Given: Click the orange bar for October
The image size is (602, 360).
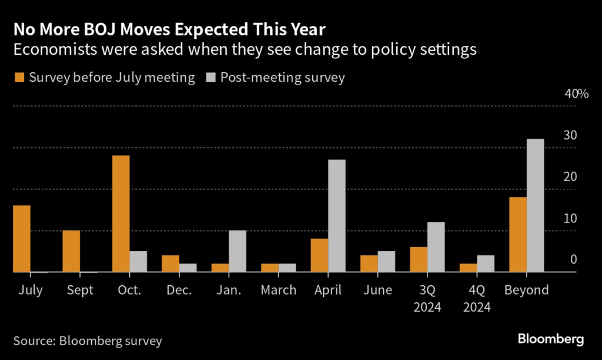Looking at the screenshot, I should click(121, 214).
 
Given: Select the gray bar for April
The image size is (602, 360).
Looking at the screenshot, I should click(337, 216).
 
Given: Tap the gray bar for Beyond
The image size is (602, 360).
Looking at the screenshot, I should click(535, 206).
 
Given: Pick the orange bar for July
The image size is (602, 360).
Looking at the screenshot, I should click(22, 239).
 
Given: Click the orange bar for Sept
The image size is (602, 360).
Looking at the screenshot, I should click(71, 251).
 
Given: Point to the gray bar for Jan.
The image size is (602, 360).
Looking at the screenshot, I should click(238, 251).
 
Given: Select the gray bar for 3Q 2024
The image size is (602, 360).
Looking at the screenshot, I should click(436, 247).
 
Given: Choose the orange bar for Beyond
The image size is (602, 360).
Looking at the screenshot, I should click(517, 235).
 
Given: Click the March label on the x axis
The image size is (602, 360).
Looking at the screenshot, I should click(279, 290).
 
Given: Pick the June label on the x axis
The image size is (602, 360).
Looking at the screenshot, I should click(377, 290).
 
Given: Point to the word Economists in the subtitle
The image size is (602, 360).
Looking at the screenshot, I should click(50, 50).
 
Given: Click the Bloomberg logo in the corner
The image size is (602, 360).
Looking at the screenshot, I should click(550, 339).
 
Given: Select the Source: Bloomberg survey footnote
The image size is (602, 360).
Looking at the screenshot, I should click(87, 341).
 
